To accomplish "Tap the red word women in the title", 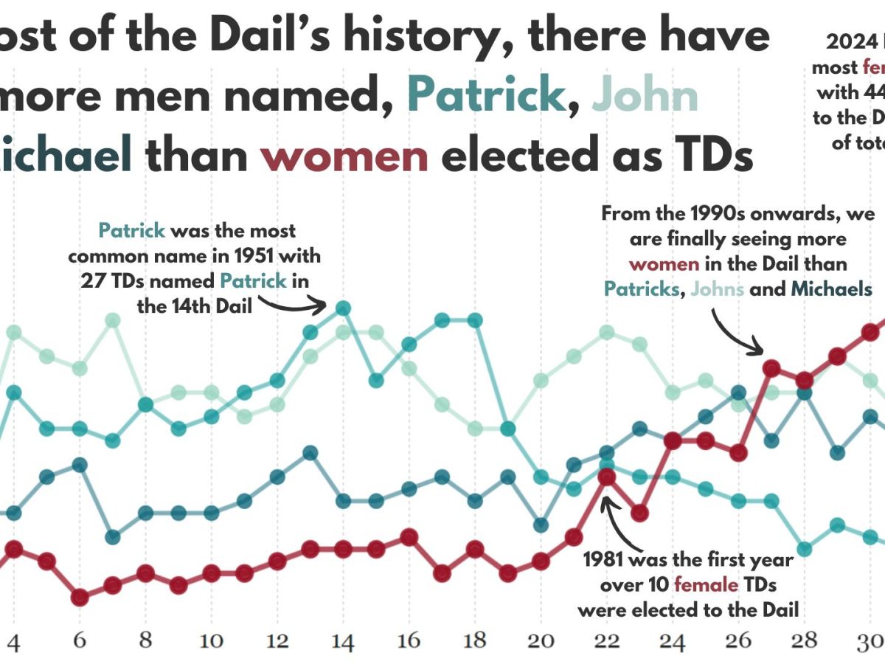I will tap(344, 156).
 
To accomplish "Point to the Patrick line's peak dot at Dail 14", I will tap(342, 308).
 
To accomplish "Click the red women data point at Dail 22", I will tap(606, 477).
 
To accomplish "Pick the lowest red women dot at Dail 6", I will tap(80, 597).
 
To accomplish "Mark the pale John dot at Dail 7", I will tap(113, 320).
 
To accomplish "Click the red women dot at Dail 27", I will tap(771, 368).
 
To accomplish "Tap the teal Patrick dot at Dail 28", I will tap(805, 549).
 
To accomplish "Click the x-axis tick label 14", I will tap(342, 640).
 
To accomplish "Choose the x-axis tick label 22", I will tap(606, 640).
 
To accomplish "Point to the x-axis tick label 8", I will tap(145, 640).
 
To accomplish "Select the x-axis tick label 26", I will tap(738, 640).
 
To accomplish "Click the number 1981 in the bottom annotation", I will tap(606, 561).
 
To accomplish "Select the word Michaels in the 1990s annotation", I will tap(831, 289).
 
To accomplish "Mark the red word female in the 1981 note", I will tap(706, 586).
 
